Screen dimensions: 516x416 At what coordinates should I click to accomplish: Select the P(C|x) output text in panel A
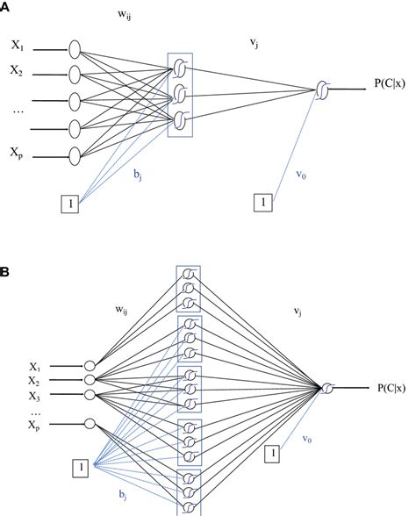click(x=393, y=87)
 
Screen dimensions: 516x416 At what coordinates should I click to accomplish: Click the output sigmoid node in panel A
click(x=324, y=89)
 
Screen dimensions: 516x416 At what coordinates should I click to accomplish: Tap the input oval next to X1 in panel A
click(x=75, y=47)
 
